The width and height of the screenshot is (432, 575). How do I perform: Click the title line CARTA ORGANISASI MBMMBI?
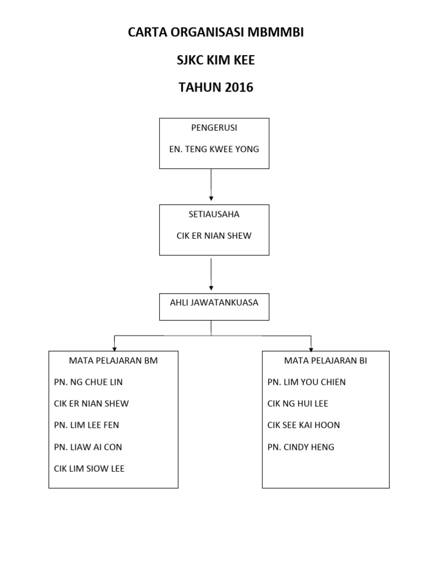(x=216, y=33)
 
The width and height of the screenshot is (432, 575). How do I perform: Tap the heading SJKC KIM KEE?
(x=216, y=60)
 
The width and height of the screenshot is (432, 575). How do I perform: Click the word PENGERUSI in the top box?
(x=214, y=128)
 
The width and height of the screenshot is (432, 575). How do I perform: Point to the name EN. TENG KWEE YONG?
(x=214, y=150)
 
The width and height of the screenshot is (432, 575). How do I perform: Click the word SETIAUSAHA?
(x=214, y=214)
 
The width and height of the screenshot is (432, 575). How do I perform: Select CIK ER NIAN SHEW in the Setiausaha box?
(x=214, y=236)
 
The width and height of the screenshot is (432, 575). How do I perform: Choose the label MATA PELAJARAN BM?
(x=113, y=361)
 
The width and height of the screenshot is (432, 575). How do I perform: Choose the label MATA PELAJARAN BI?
(x=326, y=361)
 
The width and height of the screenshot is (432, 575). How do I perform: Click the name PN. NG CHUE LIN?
(x=88, y=382)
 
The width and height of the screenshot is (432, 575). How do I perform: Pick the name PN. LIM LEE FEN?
(x=87, y=426)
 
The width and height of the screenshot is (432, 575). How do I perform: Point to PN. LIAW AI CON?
(x=88, y=448)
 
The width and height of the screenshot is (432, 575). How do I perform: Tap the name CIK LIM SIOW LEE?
(x=89, y=469)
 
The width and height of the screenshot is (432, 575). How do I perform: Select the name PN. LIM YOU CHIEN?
(x=307, y=382)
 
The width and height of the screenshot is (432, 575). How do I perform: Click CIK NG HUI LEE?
(x=298, y=404)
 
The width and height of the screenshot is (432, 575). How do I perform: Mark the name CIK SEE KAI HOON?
(x=304, y=426)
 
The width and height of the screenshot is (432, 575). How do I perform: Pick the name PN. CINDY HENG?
(x=301, y=448)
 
